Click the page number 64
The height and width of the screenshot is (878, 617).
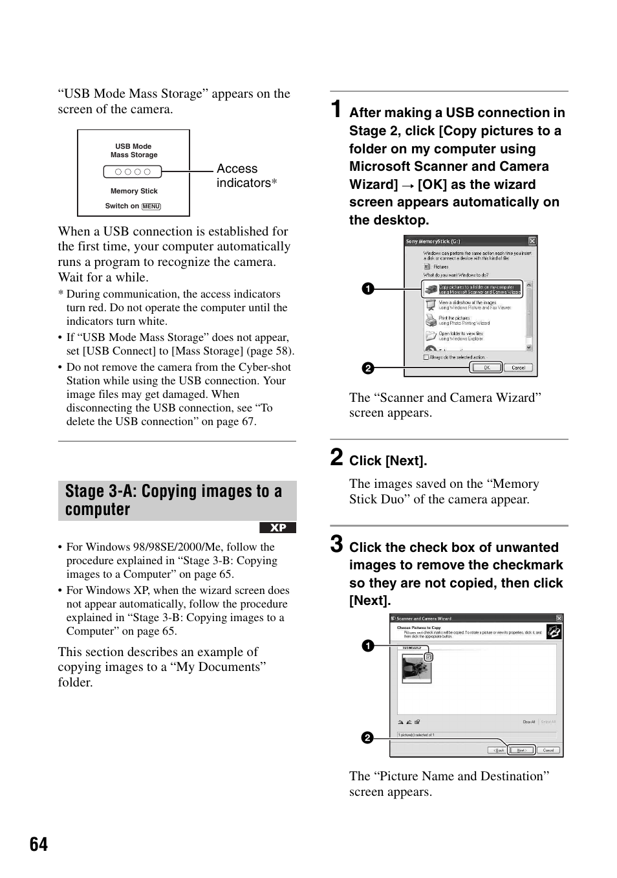pos(39,844)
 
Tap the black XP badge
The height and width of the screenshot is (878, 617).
pos(277,528)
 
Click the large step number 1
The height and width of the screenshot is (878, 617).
pos(336,109)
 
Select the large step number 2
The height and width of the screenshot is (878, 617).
pos(336,457)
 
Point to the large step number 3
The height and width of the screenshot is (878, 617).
pos(336,544)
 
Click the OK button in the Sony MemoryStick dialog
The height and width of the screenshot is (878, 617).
pos(486,368)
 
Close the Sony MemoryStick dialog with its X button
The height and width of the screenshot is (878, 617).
pos(532,241)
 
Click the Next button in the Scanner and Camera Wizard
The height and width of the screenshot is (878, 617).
pos(521,750)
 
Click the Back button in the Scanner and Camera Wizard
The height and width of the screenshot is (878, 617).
pos(498,750)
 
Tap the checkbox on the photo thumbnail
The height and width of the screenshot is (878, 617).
pos(428,657)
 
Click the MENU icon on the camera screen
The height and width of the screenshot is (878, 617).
pos(151,206)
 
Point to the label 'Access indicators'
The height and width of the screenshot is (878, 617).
pos(244,176)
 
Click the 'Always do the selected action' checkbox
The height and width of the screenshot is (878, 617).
pos(426,357)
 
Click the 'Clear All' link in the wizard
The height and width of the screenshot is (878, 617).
pos(528,721)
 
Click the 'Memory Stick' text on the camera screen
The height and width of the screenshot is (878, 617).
pos(134,191)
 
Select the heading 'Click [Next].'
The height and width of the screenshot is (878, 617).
pos(388,461)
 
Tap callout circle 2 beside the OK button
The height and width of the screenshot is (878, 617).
pos(367,368)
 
